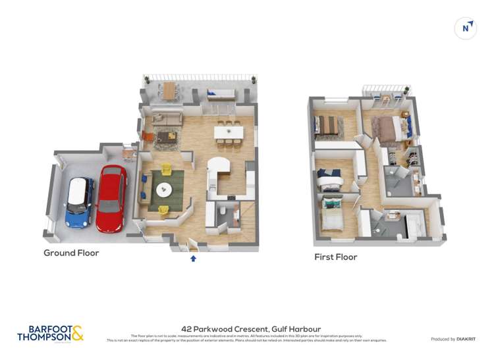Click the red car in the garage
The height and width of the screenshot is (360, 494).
coord(111,198)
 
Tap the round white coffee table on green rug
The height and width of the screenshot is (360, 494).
coord(163,190)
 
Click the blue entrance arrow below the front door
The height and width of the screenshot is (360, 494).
coord(193,259)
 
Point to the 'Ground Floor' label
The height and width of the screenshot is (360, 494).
coord(71,253)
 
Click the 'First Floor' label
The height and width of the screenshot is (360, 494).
coord(335,257)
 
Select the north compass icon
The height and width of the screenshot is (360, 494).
coord(466,28)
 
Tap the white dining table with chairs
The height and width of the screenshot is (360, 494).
coord(228,132)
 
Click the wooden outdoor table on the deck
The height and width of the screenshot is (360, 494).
coord(170,91)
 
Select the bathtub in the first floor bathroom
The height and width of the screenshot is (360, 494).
coord(415,224)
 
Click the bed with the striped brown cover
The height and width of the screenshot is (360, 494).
coord(326,125)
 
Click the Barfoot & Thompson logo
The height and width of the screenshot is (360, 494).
coord(50,333)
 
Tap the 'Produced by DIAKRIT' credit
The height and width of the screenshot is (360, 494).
coord(454,339)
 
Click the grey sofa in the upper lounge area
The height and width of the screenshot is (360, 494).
coord(167,118)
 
